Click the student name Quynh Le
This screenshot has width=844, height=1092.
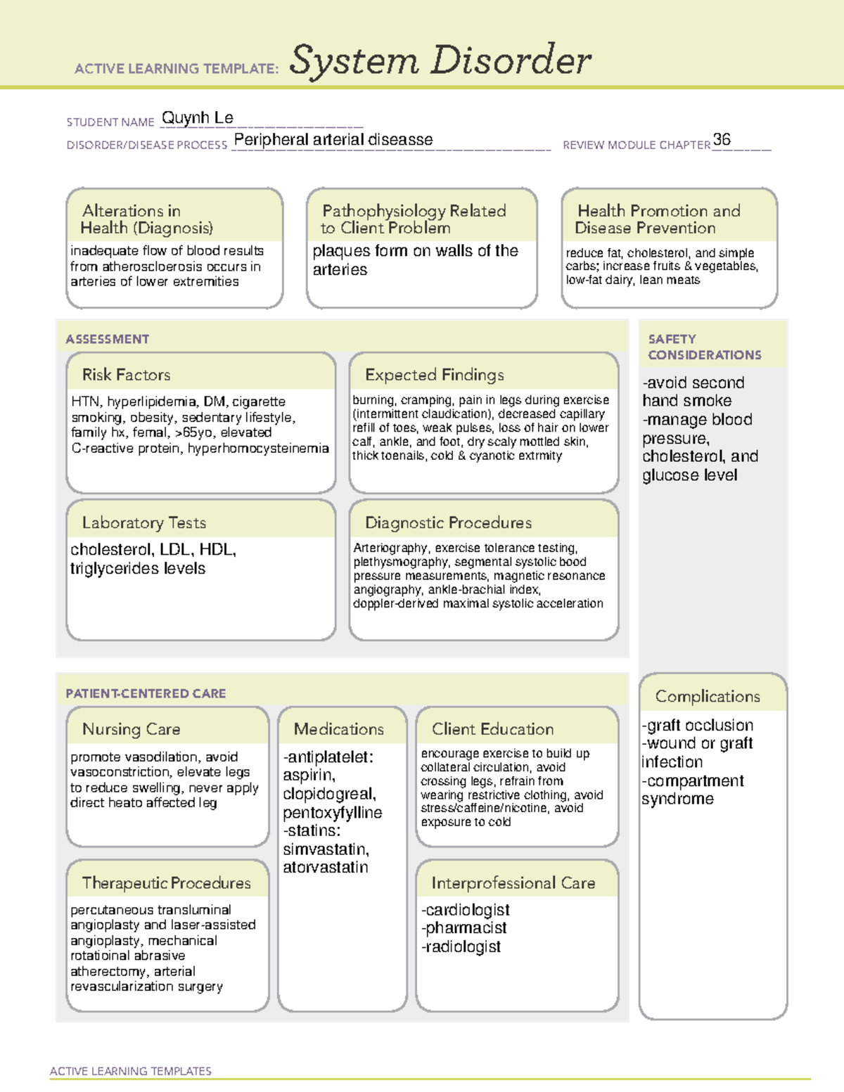(x=198, y=118)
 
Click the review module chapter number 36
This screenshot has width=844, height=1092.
(x=722, y=139)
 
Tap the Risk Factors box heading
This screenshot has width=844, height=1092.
(x=127, y=375)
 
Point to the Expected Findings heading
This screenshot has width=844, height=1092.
(x=434, y=375)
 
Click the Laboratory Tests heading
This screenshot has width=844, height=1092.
(x=144, y=522)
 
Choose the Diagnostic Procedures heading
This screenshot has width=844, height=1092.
(x=448, y=522)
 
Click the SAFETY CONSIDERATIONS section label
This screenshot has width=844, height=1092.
(x=704, y=347)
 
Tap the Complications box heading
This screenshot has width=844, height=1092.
(x=708, y=696)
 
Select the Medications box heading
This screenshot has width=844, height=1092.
(x=339, y=729)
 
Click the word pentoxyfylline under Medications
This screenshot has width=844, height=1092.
(x=333, y=813)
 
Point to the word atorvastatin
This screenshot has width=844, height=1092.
(x=326, y=868)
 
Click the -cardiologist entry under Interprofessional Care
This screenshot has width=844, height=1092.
(x=466, y=910)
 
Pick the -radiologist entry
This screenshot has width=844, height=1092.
(x=461, y=947)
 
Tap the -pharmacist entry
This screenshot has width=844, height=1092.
(x=464, y=928)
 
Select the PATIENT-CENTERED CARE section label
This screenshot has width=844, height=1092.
(x=146, y=693)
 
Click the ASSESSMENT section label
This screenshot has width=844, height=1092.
(x=108, y=339)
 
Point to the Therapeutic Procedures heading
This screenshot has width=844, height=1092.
(x=166, y=882)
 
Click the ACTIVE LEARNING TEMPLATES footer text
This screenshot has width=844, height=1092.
(x=131, y=1071)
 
